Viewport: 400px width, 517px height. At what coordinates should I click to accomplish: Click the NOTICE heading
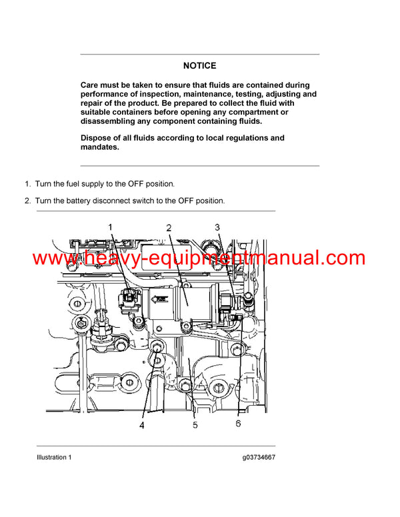200,65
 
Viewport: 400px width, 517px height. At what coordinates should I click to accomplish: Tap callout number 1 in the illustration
111,227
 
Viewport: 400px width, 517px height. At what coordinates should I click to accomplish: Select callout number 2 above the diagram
169,228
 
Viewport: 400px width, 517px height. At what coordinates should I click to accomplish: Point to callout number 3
217,227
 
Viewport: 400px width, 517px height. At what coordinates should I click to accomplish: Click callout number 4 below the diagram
142,424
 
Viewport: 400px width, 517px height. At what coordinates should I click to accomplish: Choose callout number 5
195,424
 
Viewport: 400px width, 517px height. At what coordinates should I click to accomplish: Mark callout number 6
238,424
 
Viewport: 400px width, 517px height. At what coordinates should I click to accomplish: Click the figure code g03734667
259,458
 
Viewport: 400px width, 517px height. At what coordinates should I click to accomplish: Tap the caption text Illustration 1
54,458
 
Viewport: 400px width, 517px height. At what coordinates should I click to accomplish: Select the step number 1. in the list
28,183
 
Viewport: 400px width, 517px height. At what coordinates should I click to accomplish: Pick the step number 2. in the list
28,201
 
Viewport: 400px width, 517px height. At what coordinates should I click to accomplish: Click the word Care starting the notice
91,85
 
